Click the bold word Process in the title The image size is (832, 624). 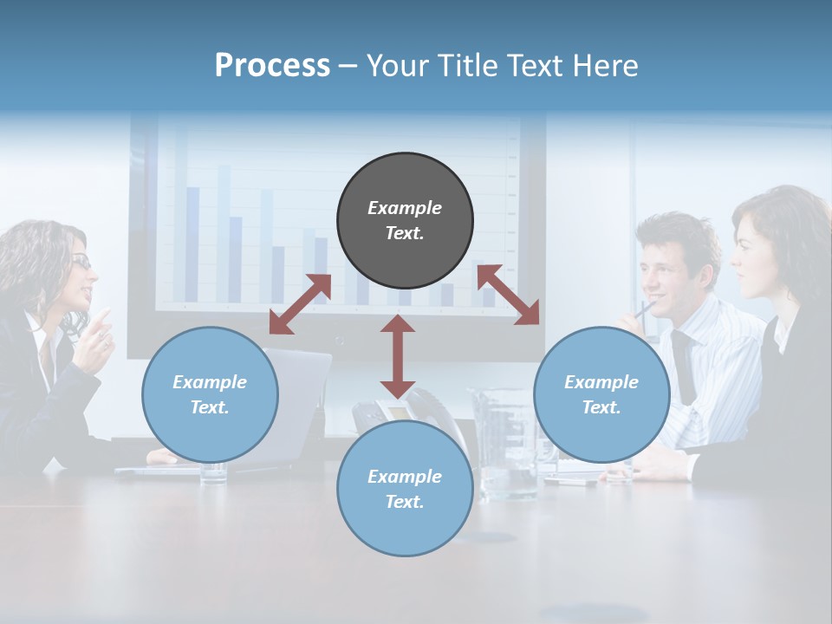point(272,66)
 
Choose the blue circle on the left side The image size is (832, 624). point(210,394)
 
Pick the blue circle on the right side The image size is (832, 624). point(601,394)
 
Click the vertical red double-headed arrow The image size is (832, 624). point(398,355)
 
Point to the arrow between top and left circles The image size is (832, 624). point(300,303)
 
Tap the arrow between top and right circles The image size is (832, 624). point(509,295)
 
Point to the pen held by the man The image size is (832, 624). point(646,309)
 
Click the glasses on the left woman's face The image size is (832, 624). point(81,262)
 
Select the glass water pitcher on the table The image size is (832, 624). point(503,442)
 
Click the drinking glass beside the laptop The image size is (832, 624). point(213,472)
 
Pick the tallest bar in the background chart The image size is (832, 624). point(224,234)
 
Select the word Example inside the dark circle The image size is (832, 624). point(405,208)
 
